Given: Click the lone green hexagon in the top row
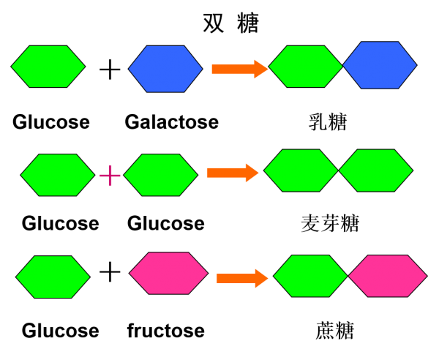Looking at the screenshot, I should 48,67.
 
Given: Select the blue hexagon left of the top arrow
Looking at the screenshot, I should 165,69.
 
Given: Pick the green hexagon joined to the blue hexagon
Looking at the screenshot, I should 306,67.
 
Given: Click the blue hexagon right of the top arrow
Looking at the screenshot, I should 380,65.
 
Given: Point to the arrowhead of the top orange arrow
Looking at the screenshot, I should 261,69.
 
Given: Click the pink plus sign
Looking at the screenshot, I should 110,175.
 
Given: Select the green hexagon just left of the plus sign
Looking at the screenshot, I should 58,175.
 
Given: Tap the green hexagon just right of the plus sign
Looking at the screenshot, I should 161,175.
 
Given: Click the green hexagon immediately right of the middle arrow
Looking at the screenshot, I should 301,170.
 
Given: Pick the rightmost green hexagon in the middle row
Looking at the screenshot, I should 375,170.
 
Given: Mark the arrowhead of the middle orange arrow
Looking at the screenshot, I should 252,173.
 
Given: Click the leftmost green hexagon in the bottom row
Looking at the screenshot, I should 53,277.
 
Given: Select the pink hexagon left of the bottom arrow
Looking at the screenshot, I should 168,273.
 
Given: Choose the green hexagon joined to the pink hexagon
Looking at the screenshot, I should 310,276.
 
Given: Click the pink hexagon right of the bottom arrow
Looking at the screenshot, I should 388,276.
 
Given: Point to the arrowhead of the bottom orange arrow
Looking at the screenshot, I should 262,278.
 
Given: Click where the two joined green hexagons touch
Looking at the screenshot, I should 338,170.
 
